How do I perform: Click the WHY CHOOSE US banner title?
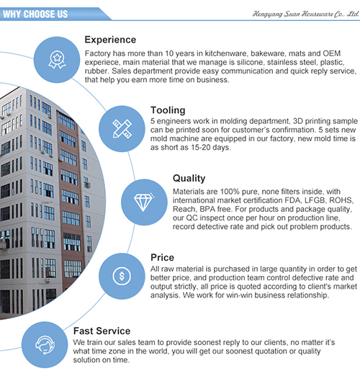(x=35, y=14)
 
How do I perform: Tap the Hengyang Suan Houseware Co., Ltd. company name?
(x=305, y=14)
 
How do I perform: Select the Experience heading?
(x=110, y=40)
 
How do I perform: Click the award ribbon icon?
(x=57, y=60)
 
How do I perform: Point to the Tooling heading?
(x=168, y=110)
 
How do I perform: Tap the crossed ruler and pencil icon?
(x=122, y=129)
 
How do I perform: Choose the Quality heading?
(x=189, y=179)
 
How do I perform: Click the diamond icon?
(x=144, y=202)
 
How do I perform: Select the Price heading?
(x=163, y=257)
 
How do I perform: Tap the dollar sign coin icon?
(x=122, y=276)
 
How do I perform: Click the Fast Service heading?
(x=102, y=331)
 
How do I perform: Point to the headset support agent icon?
(x=45, y=345)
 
